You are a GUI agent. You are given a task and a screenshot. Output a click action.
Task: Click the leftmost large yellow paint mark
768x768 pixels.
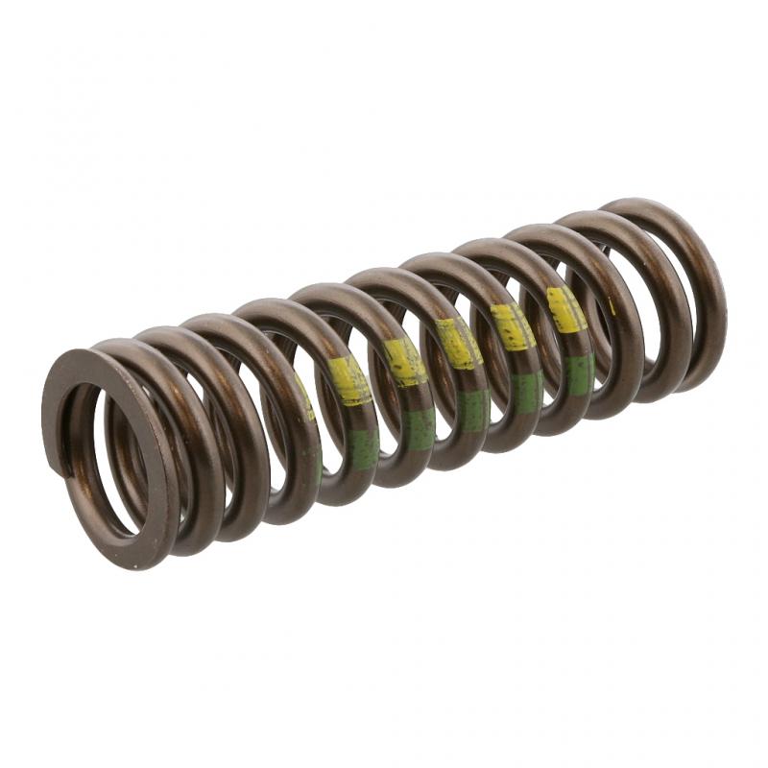tap(348, 380)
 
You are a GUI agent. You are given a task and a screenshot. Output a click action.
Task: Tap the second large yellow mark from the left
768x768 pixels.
tap(405, 362)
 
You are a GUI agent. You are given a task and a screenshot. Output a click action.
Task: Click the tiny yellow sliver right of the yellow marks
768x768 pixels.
tap(612, 306)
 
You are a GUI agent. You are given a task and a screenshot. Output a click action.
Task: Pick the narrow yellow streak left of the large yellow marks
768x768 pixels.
tap(305, 398)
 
